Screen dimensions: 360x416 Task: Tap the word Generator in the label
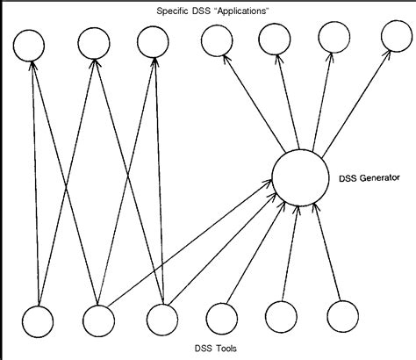[372, 176]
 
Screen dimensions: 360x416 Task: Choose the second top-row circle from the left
[93, 42]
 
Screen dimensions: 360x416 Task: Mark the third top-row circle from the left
[151, 42]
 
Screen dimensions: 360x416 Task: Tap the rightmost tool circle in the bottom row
[341, 316]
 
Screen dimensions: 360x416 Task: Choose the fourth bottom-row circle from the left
[221, 318]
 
